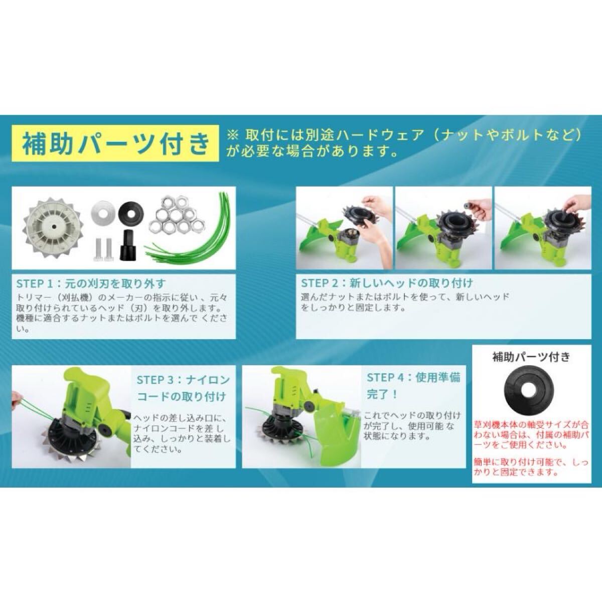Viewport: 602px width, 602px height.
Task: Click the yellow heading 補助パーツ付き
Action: [115, 143]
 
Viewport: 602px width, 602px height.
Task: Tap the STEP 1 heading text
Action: [91, 283]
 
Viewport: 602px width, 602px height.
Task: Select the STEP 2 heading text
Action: [386, 283]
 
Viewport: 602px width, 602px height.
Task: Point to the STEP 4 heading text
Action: [413, 386]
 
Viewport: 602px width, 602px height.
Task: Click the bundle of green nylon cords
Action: [191, 231]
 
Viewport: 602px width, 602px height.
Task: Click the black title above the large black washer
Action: [531, 357]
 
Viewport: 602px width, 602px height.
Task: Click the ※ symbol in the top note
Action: [232, 135]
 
